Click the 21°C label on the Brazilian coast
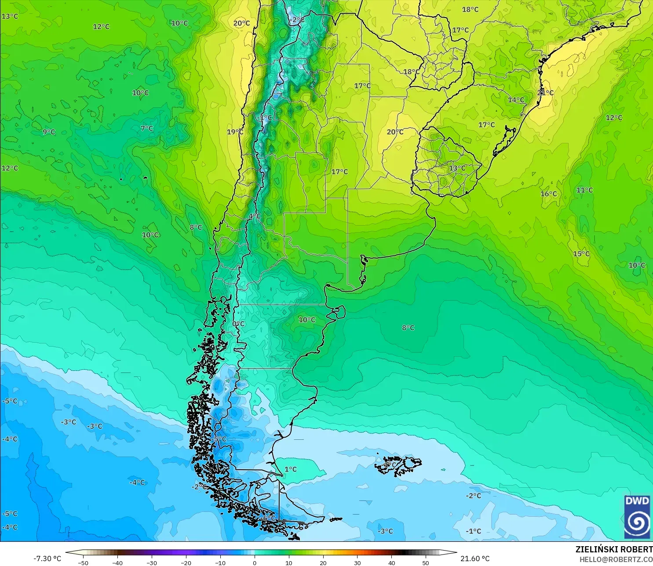tap(545, 92)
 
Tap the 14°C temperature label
tap(516, 100)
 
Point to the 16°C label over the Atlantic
tap(548, 194)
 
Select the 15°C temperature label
tap(581, 254)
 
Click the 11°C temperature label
tap(584, 190)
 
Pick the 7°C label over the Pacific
tap(147, 128)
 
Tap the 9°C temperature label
tap(49, 132)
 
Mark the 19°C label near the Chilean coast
tap(235, 131)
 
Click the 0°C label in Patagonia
tap(238, 324)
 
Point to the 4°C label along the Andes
tap(254, 216)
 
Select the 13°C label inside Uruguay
tap(457, 168)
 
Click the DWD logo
tap(637, 517)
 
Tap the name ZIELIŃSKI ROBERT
tap(614, 549)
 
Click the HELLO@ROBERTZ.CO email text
tap(616, 559)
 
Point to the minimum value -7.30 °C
tap(47, 559)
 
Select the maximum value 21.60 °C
tap(475, 559)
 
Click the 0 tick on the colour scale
tap(255, 562)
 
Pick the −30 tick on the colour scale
tap(152, 562)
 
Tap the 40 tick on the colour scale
tap(391, 562)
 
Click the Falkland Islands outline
tap(398, 465)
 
